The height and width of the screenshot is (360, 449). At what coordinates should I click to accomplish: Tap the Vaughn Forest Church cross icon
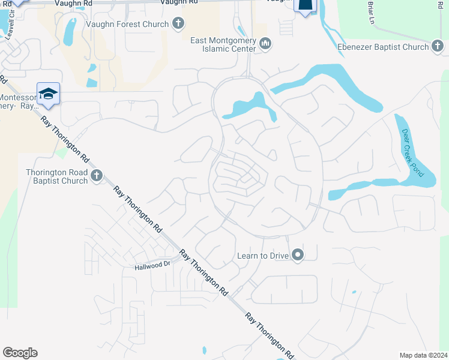(x=178, y=24)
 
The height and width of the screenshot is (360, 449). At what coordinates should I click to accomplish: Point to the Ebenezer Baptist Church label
(x=382, y=47)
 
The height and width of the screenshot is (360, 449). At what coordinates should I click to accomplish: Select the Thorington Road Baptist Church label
(x=57, y=176)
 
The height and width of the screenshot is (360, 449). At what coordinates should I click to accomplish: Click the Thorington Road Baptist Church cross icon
(x=97, y=176)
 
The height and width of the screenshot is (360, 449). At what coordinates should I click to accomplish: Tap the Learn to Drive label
(x=263, y=256)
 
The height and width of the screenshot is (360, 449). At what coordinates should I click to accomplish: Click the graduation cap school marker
(x=48, y=94)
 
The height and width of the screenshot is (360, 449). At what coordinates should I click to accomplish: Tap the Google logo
(x=20, y=353)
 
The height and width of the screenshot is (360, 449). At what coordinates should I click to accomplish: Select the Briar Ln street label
(x=371, y=12)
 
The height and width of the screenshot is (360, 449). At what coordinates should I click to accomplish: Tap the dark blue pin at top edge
(x=305, y=6)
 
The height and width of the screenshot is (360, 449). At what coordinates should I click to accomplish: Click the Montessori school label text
(x=18, y=101)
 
